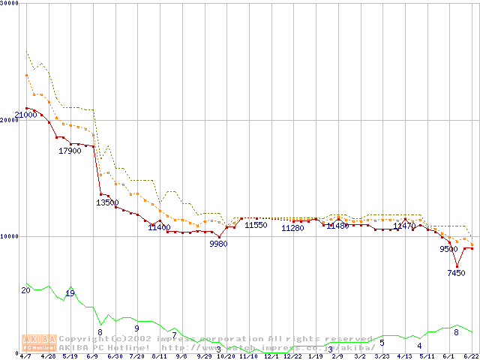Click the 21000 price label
[25, 115]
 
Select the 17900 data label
[70, 151]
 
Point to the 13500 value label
[107, 202]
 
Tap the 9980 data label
[218, 244]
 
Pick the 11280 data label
[292, 228]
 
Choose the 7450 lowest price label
[457, 273]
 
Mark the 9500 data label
[448, 249]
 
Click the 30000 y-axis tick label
[10, 4]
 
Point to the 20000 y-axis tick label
[10, 120]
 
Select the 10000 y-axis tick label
[10, 236]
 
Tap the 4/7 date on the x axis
[25, 356]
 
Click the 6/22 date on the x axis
[471, 356]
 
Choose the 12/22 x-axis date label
[292, 356]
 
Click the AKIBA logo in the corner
[39, 342]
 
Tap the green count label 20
[25, 290]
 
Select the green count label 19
[70, 293]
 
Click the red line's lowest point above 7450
[457, 265]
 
